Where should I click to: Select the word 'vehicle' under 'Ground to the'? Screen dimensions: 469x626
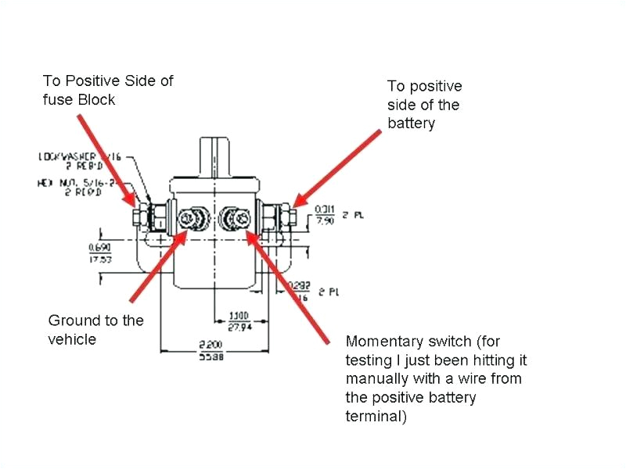pyautogui.click(x=72, y=339)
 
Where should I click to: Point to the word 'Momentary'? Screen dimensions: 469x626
pyautogui.click(x=383, y=342)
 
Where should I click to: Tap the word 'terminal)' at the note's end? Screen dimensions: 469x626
pyautogui.click(x=376, y=417)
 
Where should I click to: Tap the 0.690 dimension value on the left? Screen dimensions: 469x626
pyautogui.click(x=99, y=247)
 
